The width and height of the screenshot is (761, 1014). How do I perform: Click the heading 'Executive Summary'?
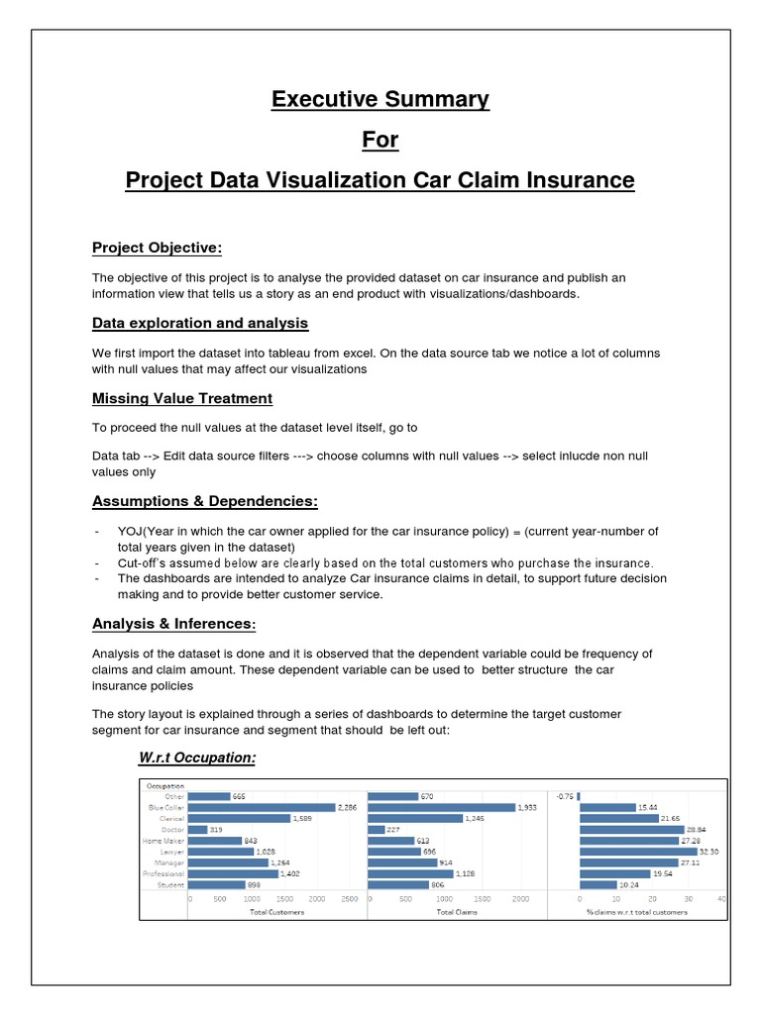tap(380, 99)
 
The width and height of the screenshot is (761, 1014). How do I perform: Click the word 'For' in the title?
tap(380, 140)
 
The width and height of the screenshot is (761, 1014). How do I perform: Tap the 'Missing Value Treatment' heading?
tap(182, 398)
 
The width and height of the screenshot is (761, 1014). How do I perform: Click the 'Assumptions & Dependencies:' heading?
tap(204, 501)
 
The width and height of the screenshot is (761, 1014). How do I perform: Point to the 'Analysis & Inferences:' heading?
tap(173, 624)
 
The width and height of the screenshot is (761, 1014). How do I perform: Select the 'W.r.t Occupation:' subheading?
tap(196, 758)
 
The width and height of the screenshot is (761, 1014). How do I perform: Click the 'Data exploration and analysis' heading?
tap(200, 323)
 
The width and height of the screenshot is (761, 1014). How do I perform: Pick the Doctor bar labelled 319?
tap(198, 830)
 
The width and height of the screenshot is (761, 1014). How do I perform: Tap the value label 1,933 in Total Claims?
tap(531, 808)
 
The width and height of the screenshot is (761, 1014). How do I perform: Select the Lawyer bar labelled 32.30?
tap(638, 852)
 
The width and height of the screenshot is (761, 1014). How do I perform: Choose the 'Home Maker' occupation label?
tap(165, 841)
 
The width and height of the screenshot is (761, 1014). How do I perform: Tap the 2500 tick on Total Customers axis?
tap(349, 899)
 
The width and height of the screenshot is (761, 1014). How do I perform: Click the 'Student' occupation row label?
tap(171, 884)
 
